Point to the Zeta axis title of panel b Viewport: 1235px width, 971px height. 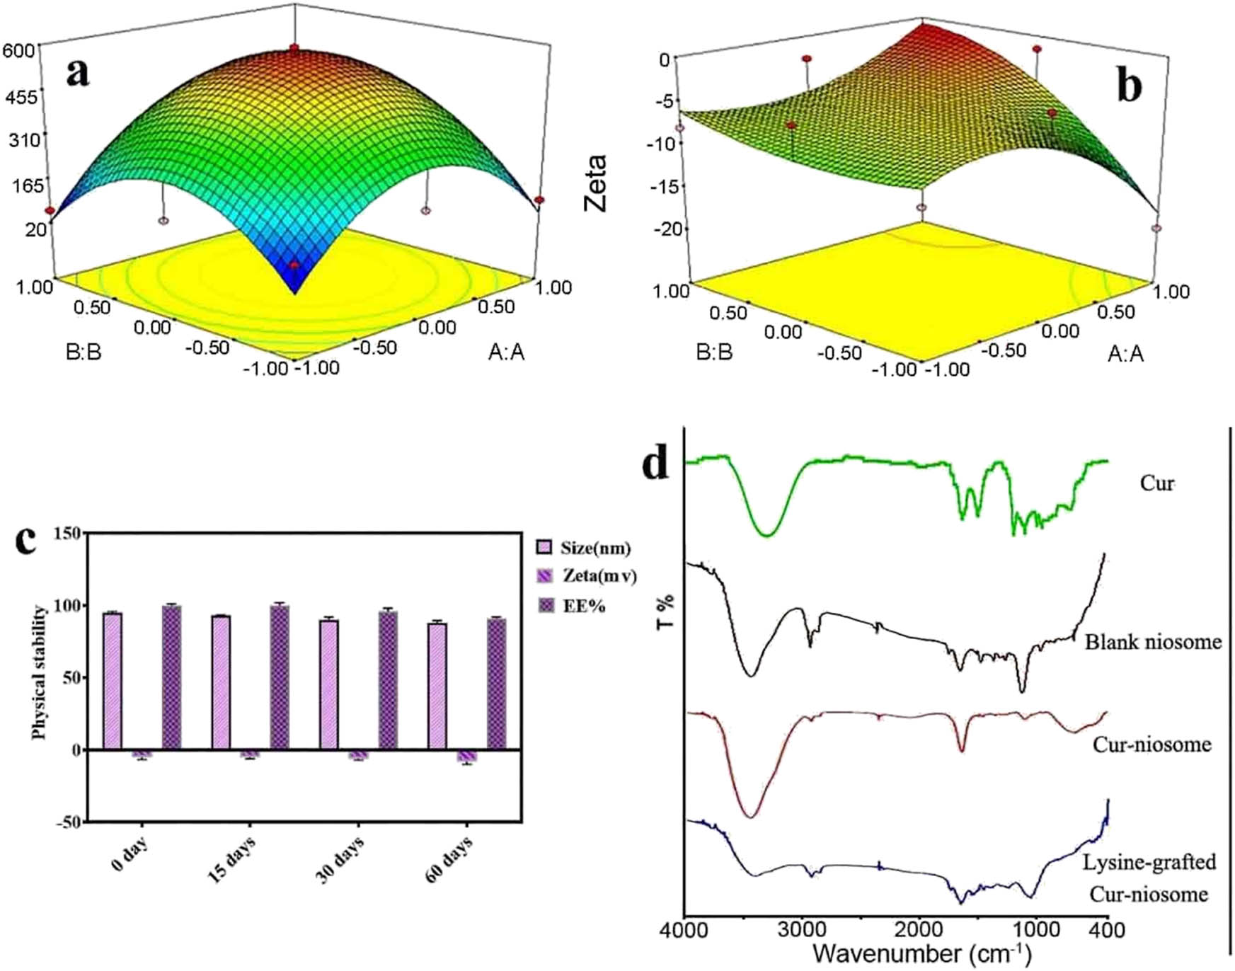tap(596, 183)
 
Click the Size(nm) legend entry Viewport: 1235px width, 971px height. tap(584, 548)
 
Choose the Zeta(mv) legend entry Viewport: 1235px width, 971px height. tap(587, 576)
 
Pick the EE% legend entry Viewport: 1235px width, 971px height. tap(573, 606)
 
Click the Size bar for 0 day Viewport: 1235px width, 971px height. tap(113, 680)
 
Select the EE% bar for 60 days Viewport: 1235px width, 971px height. tap(496, 684)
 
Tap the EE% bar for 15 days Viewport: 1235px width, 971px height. tap(280, 677)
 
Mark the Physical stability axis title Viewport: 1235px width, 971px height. tap(40, 672)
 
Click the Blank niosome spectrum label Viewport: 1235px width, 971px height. tap(1153, 642)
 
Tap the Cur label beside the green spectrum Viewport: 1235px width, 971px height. tap(1156, 483)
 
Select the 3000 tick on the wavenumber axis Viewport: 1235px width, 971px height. tap(803, 929)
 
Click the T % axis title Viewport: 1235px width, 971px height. tap(665, 612)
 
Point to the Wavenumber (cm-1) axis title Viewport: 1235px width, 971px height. tap(922, 953)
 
